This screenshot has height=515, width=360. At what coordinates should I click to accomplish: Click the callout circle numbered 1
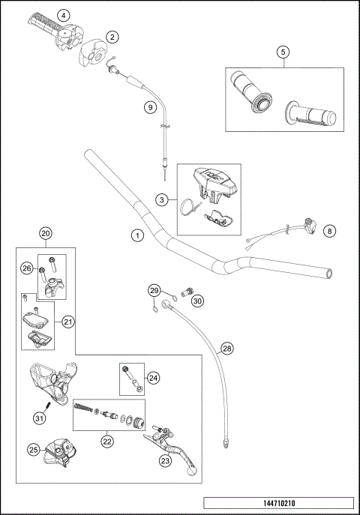click(136, 235)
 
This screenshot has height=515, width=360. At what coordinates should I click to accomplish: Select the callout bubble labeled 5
click(282, 52)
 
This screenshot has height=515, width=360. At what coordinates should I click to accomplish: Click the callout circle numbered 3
click(161, 199)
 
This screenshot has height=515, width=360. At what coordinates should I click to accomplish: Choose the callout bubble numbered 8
click(329, 232)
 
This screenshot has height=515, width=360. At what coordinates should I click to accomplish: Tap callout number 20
click(46, 234)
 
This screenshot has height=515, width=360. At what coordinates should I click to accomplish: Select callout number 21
click(67, 322)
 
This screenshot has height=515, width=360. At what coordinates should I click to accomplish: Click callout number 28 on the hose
click(227, 349)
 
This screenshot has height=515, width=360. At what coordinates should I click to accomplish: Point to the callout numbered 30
click(197, 301)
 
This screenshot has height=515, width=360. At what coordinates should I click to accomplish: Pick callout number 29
click(154, 290)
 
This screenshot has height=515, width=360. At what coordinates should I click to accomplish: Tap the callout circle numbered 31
click(39, 418)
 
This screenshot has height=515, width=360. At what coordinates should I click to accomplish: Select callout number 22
click(107, 442)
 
